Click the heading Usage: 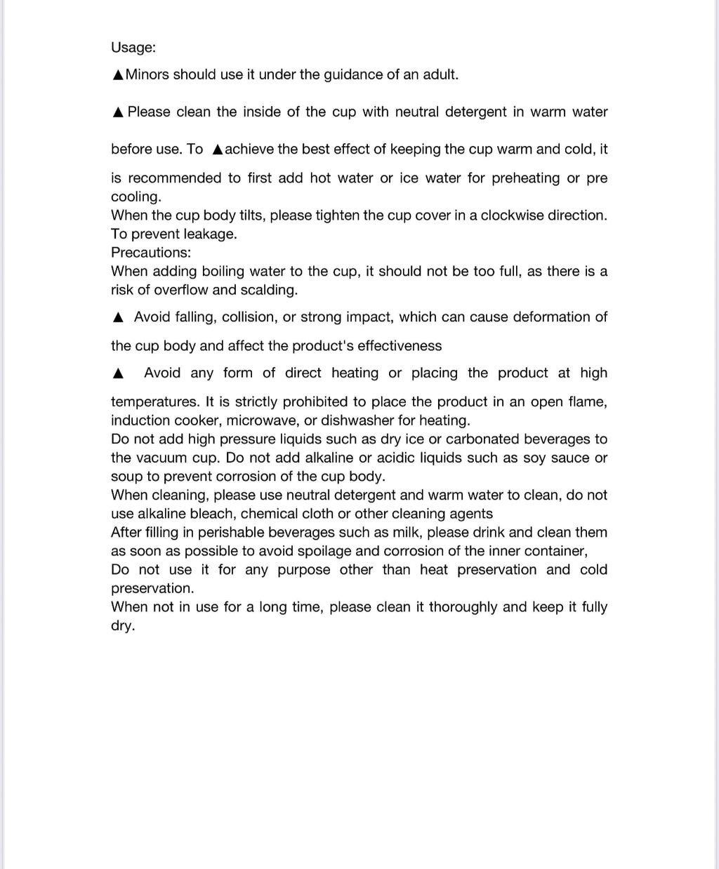coord(133,48)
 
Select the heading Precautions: coord(151,253)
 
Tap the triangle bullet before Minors coord(118,75)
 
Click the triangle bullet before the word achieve coord(218,150)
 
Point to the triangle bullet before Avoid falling coord(118,318)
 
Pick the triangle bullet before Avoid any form coord(118,374)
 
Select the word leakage coord(210,234)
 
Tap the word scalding coord(269,290)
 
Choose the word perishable coord(232,533)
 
